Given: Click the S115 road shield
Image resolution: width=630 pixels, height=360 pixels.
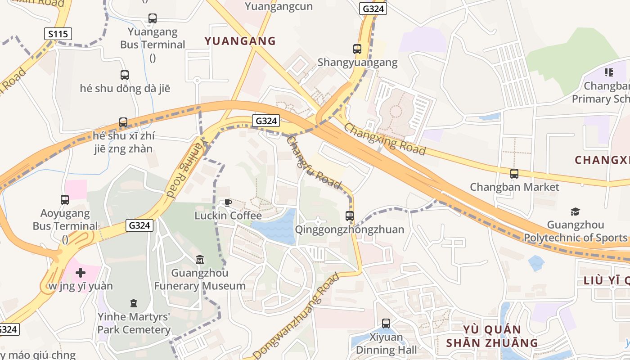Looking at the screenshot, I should click(58, 34).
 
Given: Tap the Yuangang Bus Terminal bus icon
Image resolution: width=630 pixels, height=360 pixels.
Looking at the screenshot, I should click(153, 18).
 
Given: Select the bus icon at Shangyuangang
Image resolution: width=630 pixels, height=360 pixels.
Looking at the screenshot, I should click(357, 49).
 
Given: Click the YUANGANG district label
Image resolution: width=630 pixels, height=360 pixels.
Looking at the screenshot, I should click(240, 41).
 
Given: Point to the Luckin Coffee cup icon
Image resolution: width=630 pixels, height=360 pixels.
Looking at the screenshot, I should click(228, 202).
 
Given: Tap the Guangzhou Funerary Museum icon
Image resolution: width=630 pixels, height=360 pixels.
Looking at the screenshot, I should click(200, 260).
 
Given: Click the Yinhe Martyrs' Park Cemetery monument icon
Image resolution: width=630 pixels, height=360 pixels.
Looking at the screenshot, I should click(133, 303).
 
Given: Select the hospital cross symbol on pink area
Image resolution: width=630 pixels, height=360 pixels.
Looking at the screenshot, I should click(81, 273).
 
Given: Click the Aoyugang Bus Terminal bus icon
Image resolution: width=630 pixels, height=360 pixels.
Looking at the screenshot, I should click(65, 199).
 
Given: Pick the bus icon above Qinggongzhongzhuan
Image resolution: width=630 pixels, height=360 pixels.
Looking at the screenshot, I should click(350, 216).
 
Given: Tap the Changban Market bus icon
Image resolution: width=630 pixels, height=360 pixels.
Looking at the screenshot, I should click(514, 173).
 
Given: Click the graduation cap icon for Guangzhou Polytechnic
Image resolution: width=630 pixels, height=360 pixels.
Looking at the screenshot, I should click(575, 211).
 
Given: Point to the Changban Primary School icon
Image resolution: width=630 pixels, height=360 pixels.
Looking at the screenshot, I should click(609, 72).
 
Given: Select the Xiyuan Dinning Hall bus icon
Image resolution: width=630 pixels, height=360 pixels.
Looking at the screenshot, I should click(386, 323).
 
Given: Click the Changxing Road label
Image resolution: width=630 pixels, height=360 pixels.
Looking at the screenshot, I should click(385, 139).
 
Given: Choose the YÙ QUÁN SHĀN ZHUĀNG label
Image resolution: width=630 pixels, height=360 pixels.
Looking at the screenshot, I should click(492, 336).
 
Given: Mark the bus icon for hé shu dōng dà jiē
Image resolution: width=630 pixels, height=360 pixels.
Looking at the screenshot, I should click(125, 75).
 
